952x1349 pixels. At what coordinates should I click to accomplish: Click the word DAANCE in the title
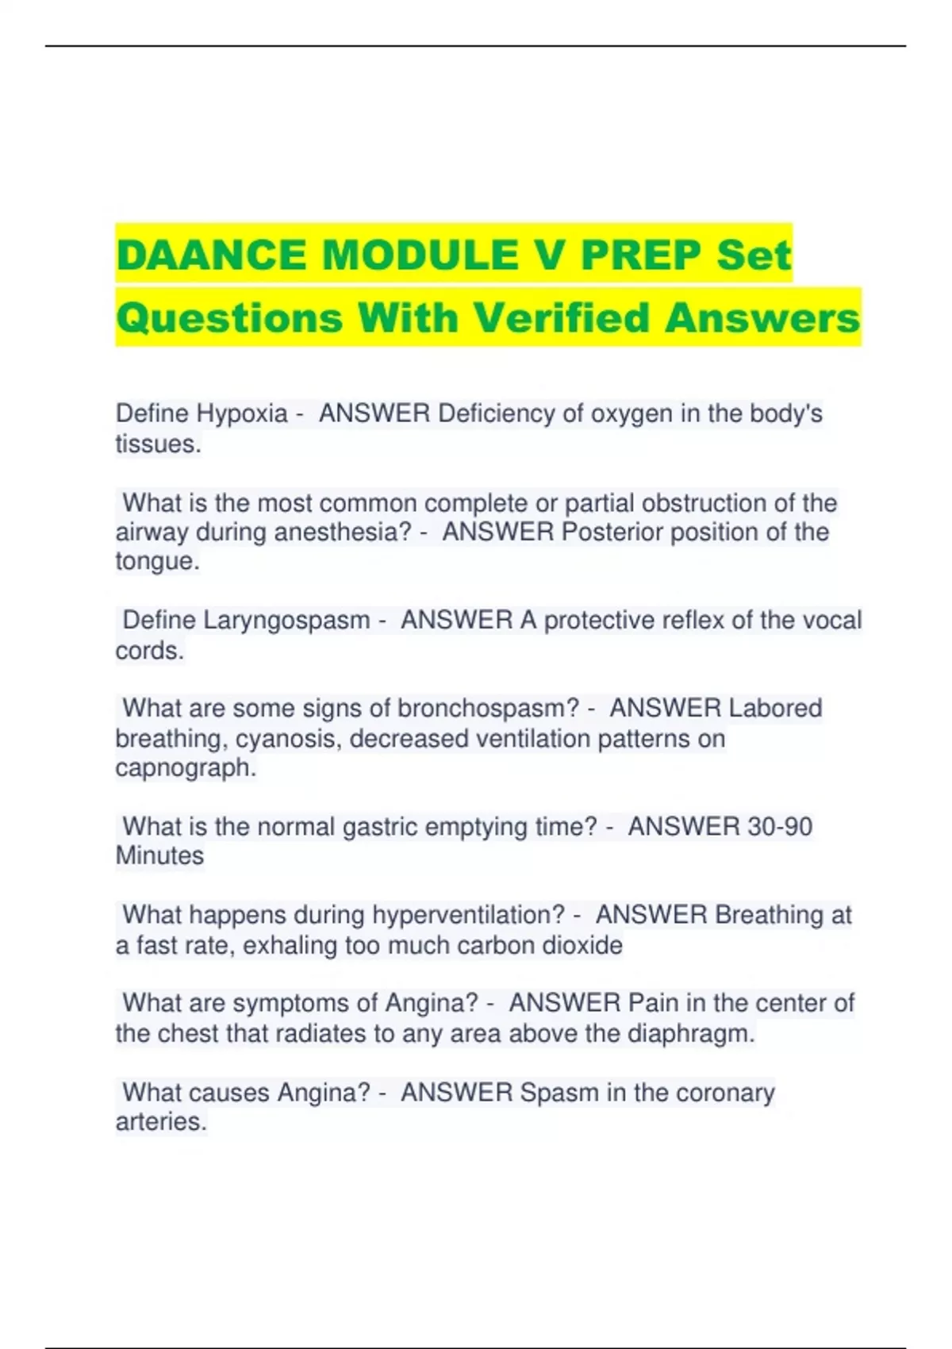[x=213, y=255]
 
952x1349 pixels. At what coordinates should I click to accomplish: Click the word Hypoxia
[x=242, y=413]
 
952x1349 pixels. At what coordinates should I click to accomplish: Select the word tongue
[x=156, y=562]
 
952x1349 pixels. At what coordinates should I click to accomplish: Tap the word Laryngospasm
[x=286, y=620]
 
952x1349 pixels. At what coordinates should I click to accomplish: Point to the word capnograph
[x=185, y=768]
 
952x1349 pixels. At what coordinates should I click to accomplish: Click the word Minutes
[x=159, y=856]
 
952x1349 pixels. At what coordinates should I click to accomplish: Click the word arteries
[x=160, y=1122]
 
